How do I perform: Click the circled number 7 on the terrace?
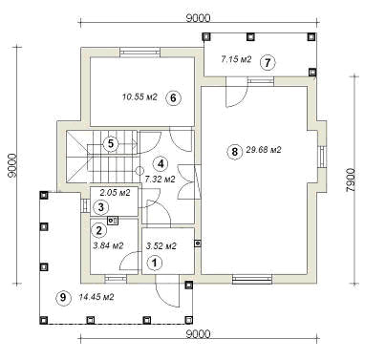coord(268,62)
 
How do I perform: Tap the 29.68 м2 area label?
coord(264,150)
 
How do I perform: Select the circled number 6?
coord(173,97)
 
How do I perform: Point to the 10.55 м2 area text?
coord(139,96)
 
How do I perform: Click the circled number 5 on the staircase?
coord(111,143)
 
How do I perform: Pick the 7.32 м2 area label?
coord(161,180)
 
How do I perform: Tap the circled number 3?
coord(100,207)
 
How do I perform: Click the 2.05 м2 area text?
coord(115,193)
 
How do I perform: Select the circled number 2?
coord(98,230)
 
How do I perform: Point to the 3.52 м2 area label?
coord(161,245)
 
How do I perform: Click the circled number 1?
coord(155,263)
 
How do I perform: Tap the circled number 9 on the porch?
coord(63,297)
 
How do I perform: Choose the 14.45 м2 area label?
coord(96,297)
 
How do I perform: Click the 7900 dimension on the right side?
coord(350,180)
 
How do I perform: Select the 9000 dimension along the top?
coord(198,18)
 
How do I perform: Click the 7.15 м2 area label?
coord(236,59)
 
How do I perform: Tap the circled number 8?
coord(234,152)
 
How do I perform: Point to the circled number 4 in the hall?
coord(161,164)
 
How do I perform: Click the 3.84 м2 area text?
coord(108,245)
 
